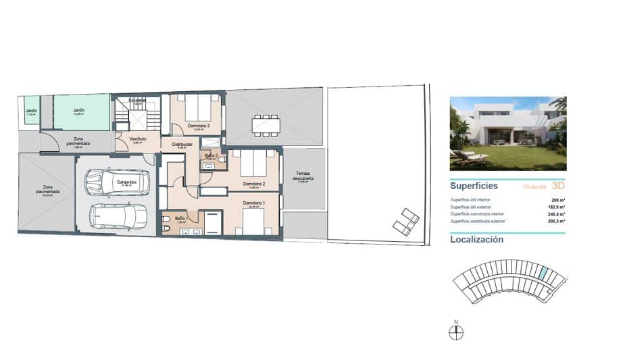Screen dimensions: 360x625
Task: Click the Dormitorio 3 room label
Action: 199,126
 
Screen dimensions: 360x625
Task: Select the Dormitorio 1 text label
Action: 254,203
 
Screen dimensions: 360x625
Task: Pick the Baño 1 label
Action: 180,219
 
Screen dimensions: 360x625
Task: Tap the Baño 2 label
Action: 210,155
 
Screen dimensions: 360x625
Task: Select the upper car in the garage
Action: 115,181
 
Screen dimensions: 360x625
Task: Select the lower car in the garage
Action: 119,215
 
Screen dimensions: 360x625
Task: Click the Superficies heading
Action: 474,185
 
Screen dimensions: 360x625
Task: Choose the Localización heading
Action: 476,239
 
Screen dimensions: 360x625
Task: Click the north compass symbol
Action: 456,332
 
